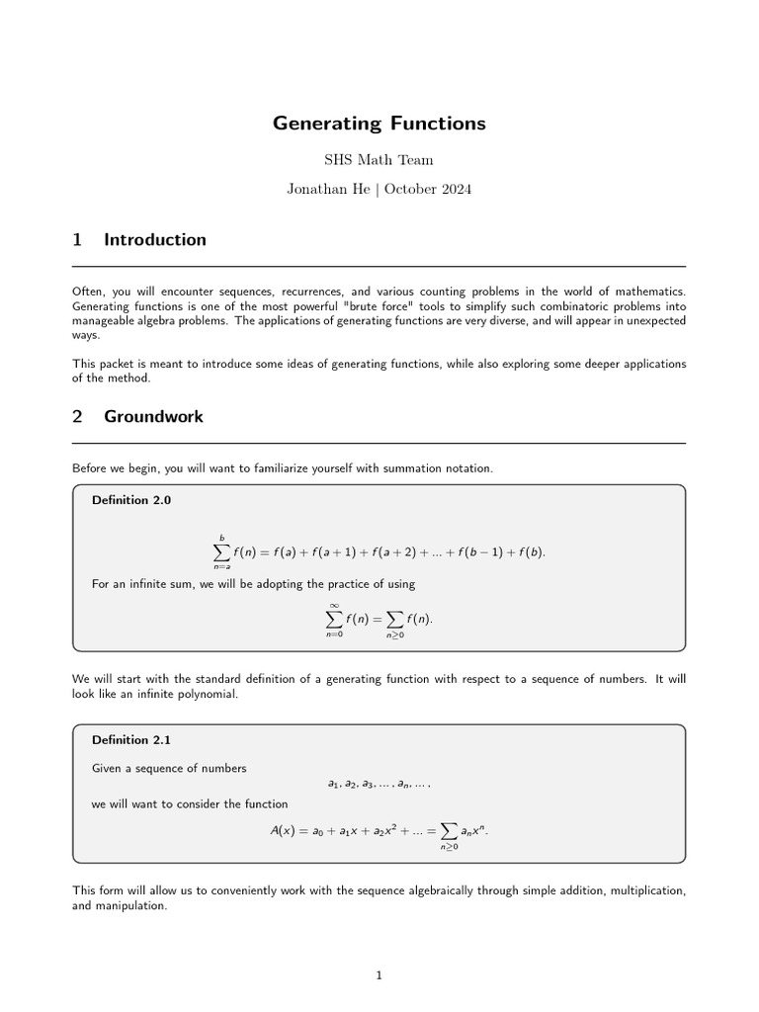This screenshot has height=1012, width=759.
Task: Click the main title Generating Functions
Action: (x=379, y=124)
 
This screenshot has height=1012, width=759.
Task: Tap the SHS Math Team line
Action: (x=379, y=159)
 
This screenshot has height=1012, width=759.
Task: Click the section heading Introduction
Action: (x=155, y=240)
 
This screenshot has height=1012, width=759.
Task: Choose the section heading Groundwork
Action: (x=153, y=416)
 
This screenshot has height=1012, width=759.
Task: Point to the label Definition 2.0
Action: (x=131, y=500)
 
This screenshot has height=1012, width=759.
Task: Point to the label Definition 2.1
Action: (x=131, y=739)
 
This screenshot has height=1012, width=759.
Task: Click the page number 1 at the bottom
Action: (x=379, y=975)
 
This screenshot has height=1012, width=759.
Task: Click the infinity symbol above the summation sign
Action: (x=334, y=605)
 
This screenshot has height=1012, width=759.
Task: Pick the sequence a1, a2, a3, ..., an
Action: (x=379, y=784)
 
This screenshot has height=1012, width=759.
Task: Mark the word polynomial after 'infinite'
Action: (x=209, y=694)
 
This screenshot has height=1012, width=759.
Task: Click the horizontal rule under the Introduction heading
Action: (x=379, y=266)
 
